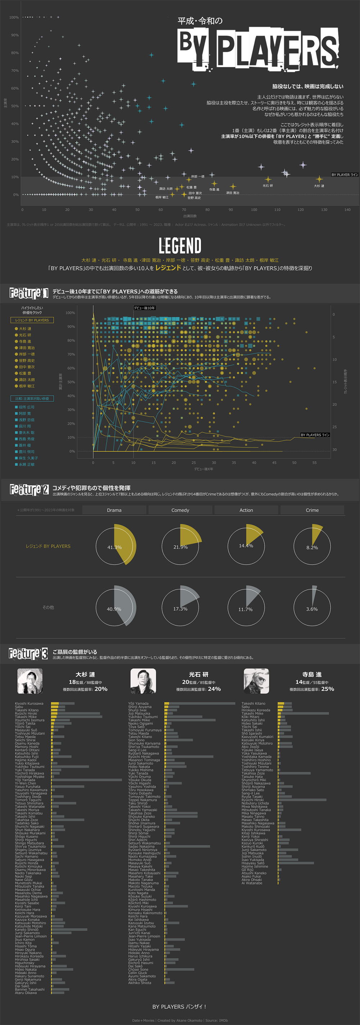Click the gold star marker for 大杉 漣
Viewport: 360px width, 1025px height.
pyautogui.click(x=319, y=179)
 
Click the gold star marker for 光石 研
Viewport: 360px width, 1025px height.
pyautogui.click(x=268, y=179)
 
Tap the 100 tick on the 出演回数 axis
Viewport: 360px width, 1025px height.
pyautogui.click(x=254, y=210)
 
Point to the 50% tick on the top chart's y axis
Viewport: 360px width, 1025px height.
pyautogui.click(x=15, y=106)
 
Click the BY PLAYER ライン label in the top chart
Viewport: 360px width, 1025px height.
pyautogui.click(x=345, y=175)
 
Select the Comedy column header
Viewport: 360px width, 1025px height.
pyautogui.click(x=180, y=510)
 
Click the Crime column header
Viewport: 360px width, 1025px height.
pyautogui.click(x=312, y=510)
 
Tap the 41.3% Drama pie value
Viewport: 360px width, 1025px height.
pyautogui.click(x=114, y=547)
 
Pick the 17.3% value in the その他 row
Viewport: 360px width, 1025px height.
pyautogui.click(x=180, y=609)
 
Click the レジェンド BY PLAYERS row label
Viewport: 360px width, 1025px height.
pyautogui.click(x=48, y=546)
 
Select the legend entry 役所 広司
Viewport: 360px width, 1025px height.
pyautogui.click(x=26, y=407)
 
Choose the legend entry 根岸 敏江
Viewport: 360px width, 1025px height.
pyautogui.click(x=27, y=386)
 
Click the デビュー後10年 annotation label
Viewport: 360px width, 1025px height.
pyautogui.click(x=144, y=308)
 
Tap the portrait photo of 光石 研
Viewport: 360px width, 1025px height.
pyautogui.click(x=143, y=681)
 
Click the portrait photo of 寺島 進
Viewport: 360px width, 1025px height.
pyautogui.click(x=256, y=681)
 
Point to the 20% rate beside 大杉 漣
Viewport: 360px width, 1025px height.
pyautogui.click(x=101, y=689)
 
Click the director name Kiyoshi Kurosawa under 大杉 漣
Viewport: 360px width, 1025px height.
pyautogui.click(x=29, y=703)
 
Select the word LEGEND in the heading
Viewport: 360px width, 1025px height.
pyautogui.click(x=180, y=246)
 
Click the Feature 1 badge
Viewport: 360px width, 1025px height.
pyautogui.click(x=29, y=294)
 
